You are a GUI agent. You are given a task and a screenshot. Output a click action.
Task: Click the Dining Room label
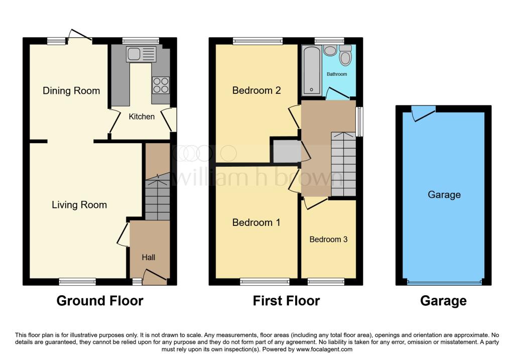click(71, 90)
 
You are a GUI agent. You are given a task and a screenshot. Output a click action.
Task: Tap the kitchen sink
click(141, 54)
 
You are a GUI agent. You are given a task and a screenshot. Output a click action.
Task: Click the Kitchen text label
click(142, 116)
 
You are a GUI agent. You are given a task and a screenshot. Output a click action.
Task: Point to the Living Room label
click(79, 204)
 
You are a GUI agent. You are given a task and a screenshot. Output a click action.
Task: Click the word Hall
click(149, 258)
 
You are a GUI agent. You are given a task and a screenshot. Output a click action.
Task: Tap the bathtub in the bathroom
click(311, 70)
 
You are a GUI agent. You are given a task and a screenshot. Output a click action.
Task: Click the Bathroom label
click(337, 74)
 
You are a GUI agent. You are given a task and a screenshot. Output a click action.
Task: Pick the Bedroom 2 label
click(256, 90)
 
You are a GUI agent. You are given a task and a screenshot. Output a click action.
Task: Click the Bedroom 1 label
click(256, 222)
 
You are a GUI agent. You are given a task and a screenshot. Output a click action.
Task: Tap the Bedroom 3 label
click(328, 239)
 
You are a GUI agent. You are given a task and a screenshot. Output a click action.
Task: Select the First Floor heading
click(286, 301)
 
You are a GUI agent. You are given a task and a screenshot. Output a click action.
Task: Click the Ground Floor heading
click(100, 301)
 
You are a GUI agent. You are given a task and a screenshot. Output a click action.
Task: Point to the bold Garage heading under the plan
click(443, 301)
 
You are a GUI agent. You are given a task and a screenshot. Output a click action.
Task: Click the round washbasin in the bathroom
click(330, 50)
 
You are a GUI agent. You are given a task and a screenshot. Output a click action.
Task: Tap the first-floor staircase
click(343, 164)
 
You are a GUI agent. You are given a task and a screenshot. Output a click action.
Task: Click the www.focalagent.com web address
click(324, 349)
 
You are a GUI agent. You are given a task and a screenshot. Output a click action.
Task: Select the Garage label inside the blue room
click(444, 195)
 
